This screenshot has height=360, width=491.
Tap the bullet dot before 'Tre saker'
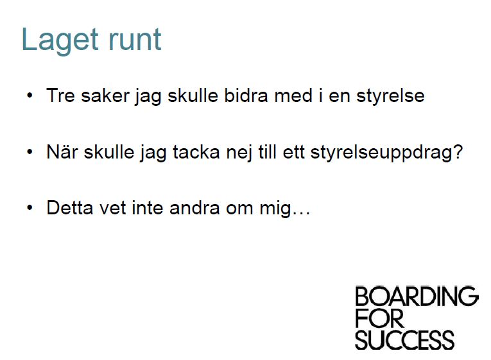pos(30,95)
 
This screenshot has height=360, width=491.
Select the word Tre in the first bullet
pos(60,95)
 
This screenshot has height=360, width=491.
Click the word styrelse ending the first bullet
pos(390,96)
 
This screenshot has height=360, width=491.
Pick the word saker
pos(105,95)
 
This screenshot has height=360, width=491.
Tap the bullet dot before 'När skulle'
pos(30,152)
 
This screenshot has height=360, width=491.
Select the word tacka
pos(196,152)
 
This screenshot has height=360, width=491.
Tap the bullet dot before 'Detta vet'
pos(30,208)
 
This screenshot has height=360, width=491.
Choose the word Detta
pos(70,207)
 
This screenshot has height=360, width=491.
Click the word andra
pos(194,207)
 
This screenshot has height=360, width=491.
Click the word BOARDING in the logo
pos(417,296)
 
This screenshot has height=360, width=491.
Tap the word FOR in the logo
pos(379,318)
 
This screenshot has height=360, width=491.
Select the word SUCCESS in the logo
pos(404,340)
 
